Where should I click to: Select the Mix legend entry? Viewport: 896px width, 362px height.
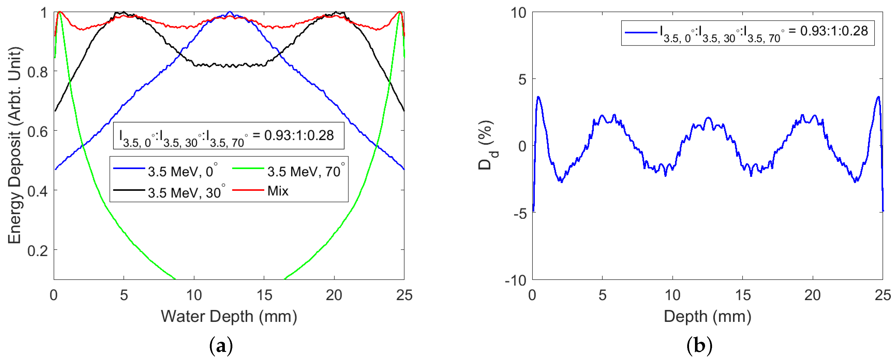pos(278,191)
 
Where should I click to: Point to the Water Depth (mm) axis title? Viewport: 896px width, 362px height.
pos(229,316)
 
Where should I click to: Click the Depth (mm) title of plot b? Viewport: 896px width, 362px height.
pos(707,316)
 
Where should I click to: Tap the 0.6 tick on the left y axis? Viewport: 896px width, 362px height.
pos(38,132)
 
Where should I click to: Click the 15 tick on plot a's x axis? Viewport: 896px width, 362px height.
pos(264,295)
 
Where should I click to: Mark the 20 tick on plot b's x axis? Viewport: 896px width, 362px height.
pos(812,295)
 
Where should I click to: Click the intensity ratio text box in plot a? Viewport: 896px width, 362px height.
pos(228,136)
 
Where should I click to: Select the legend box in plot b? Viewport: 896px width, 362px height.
pos(748,33)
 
